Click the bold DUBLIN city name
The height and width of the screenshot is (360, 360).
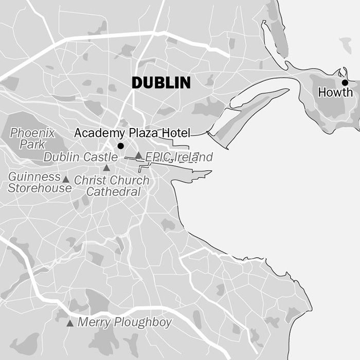click(161, 83)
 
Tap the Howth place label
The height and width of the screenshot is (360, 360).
click(335, 93)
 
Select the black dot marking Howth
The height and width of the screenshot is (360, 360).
click(345, 82)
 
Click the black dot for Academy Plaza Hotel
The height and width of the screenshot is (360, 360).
click(121, 146)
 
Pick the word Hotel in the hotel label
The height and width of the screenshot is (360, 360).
click(176, 133)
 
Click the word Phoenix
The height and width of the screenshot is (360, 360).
click(32, 133)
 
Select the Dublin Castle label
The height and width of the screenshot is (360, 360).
click(80, 157)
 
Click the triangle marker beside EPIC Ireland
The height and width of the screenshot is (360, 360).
click(138, 155)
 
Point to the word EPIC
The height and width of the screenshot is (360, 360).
click(157, 157)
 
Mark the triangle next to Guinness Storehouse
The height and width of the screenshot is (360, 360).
click(66, 179)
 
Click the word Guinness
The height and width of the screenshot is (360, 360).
click(34, 177)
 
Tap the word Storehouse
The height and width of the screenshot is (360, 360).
click(40, 188)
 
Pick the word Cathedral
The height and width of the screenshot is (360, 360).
click(113, 192)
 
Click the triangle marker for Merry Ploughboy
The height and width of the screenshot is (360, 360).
click(70, 323)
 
